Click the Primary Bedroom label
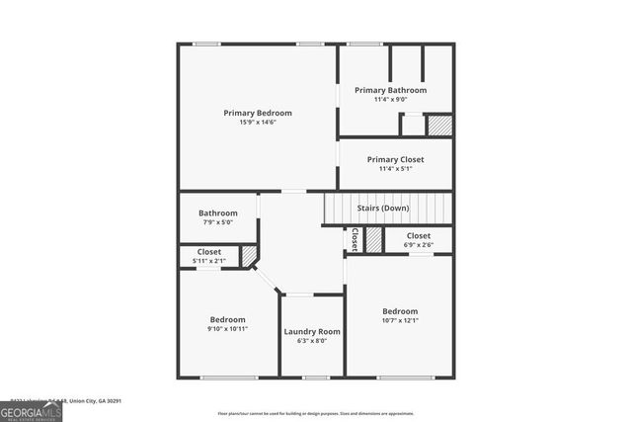click(257, 114)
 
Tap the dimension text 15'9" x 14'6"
click(257, 123)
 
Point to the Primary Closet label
click(395, 159)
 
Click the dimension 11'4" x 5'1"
click(395, 168)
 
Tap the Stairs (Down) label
click(382, 208)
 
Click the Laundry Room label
click(312, 331)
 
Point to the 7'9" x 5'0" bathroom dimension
click(217, 221)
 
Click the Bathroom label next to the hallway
click(217, 212)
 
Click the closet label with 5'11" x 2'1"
click(208, 252)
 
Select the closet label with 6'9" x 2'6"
click(418, 236)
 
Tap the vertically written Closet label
click(354, 239)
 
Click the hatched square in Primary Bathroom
click(439, 126)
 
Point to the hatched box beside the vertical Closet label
click(373, 239)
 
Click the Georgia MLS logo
click(31, 410)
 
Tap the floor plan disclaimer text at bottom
click(316, 413)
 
